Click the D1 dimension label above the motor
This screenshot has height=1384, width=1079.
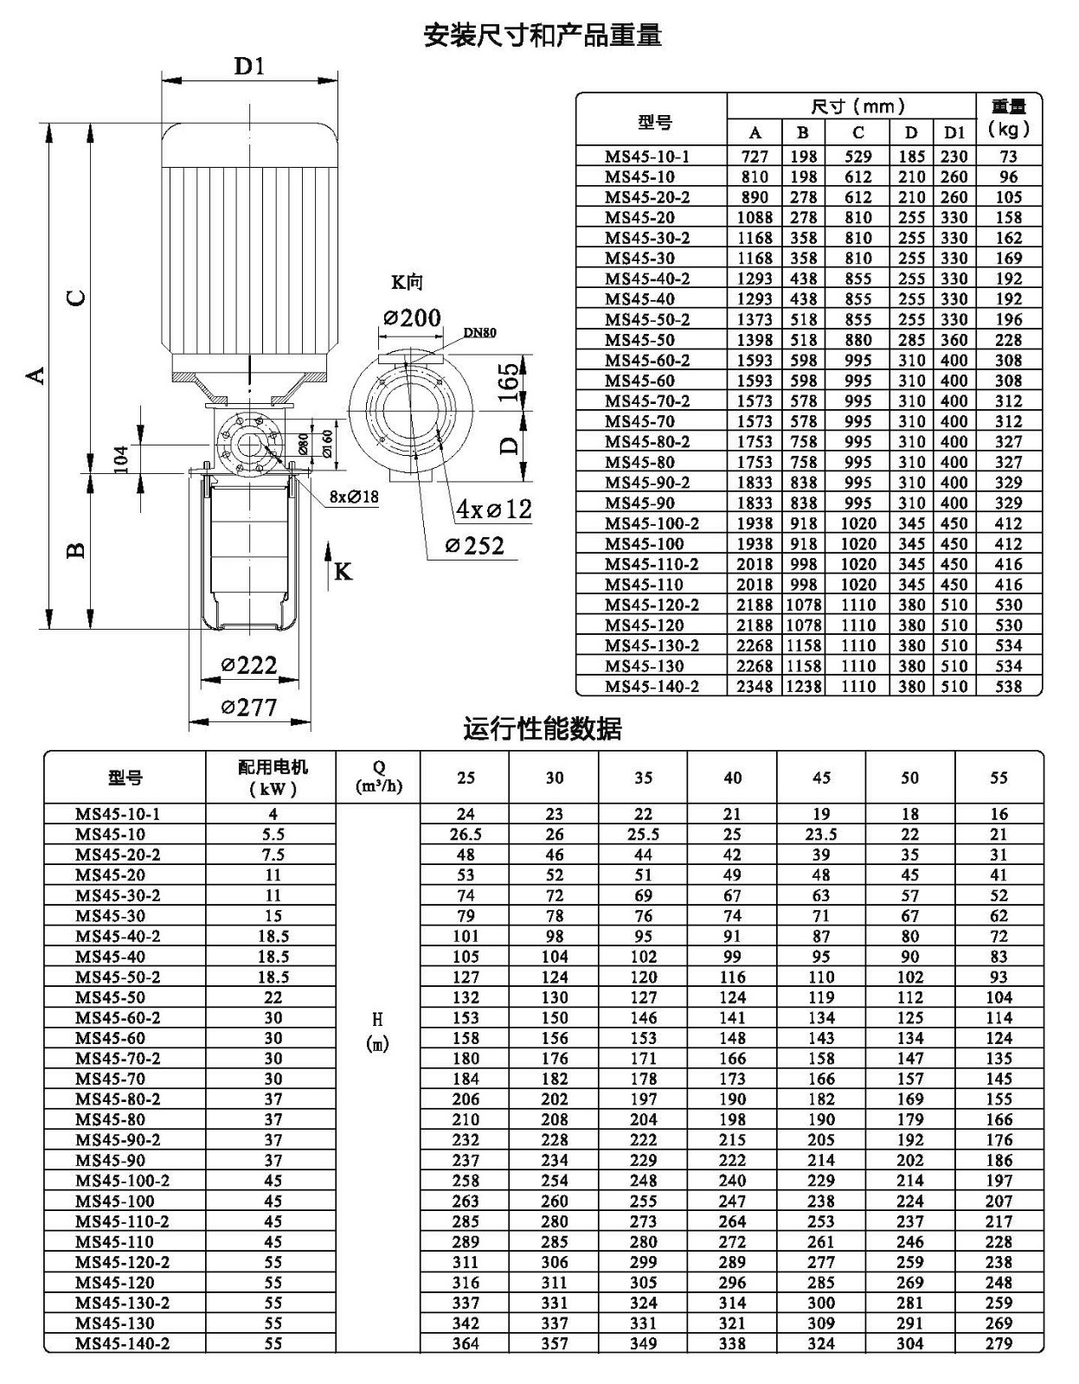tap(249, 66)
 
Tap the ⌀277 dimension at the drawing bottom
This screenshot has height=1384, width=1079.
tap(249, 707)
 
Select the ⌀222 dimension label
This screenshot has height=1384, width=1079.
tap(249, 665)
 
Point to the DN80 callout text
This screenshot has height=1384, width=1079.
tap(479, 332)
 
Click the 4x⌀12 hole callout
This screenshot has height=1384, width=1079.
tap(494, 509)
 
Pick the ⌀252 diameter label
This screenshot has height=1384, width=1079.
tap(474, 546)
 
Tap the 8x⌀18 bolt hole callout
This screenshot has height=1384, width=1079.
tap(354, 497)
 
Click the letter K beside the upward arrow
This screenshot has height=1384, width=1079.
tap(344, 572)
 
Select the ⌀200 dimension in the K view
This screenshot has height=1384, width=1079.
tap(412, 317)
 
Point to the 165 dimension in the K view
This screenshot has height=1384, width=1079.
tap(508, 382)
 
